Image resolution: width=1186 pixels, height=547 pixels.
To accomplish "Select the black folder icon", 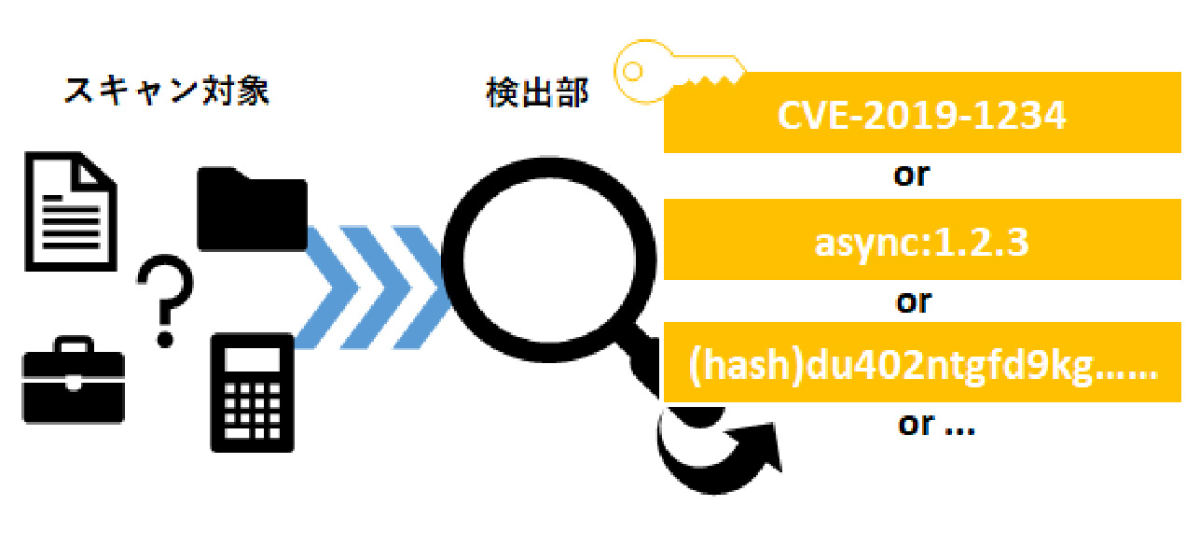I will tap(252, 209).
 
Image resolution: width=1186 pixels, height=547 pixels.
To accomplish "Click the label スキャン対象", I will tap(167, 91).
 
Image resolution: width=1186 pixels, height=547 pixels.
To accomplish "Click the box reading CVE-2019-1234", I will tap(921, 117).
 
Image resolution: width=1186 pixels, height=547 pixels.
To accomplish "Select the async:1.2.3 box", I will tap(921, 242).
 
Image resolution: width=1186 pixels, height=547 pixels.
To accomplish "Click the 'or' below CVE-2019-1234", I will tap(912, 175).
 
